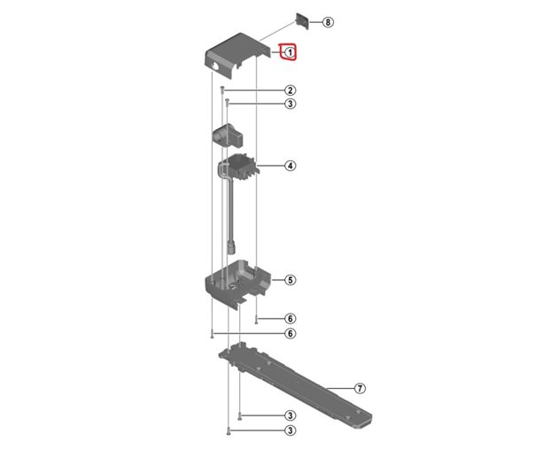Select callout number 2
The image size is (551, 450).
[x=290, y=90]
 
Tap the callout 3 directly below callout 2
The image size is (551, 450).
[x=290, y=105]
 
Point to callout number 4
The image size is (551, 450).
[x=290, y=166]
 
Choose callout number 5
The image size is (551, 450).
[x=290, y=280]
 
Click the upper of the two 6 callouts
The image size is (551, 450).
[x=290, y=318]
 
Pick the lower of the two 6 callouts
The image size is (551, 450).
[x=290, y=334]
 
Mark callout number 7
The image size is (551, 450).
[x=360, y=388]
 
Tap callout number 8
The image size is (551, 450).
[x=328, y=21]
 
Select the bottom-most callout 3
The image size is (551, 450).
[x=290, y=431]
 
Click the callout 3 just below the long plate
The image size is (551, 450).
[x=290, y=415]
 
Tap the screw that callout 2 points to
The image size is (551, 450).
[x=224, y=90]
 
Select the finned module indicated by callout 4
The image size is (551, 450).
[x=242, y=167]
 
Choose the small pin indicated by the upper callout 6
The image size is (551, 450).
[x=256, y=318]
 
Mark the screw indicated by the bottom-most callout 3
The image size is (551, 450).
[x=229, y=431]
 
